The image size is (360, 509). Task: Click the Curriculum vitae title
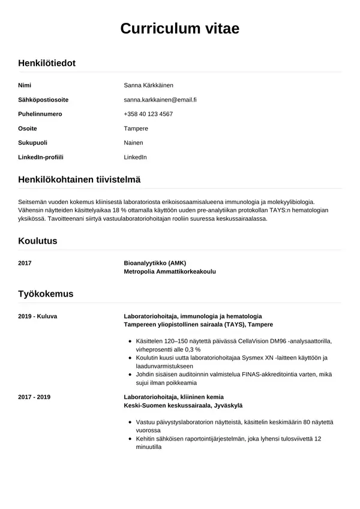(x=180, y=28)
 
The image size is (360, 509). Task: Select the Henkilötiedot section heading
(x=47, y=63)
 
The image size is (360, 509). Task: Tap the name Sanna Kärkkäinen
(x=148, y=85)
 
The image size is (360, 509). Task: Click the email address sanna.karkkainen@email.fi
(x=160, y=100)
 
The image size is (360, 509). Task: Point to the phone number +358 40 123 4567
(x=148, y=114)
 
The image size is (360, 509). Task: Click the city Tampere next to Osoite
(x=136, y=128)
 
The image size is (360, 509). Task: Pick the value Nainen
(x=133, y=143)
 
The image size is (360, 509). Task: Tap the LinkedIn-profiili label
(x=41, y=157)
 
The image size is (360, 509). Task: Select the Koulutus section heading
(x=37, y=241)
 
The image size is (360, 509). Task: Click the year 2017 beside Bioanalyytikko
(x=25, y=263)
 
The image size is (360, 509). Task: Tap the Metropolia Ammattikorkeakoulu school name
(x=169, y=271)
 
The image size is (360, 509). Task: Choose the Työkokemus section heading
(x=46, y=294)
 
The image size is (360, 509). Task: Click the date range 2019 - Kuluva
(x=38, y=316)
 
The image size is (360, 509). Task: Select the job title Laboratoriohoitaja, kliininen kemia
(x=183, y=397)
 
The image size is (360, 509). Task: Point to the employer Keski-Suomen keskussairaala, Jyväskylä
(x=183, y=406)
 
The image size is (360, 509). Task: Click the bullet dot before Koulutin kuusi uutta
(x=131, y=358)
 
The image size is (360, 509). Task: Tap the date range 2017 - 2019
(x=35, y=397)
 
